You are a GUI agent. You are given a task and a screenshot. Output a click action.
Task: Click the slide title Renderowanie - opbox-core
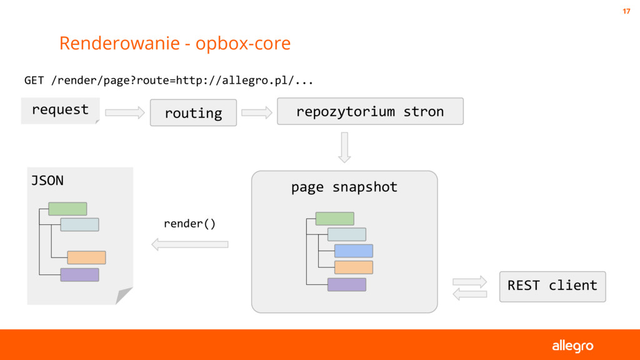174,44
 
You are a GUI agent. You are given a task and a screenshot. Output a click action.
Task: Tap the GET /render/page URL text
168,81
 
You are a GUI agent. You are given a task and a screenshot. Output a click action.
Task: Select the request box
60,110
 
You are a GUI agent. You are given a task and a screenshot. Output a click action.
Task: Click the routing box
193,112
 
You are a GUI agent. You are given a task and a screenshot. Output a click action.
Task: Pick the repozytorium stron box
370,111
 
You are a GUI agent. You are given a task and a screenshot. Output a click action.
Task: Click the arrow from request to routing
124,112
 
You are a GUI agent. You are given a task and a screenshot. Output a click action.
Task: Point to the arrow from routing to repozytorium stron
256,112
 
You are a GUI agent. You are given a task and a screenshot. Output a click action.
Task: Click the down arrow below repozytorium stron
344,147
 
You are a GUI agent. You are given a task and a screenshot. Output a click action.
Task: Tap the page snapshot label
344,187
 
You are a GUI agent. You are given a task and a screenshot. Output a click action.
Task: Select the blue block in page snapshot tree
353,251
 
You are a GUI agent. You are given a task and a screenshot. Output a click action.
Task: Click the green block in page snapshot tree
334,219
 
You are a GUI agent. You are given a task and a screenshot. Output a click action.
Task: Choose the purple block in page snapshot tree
346,284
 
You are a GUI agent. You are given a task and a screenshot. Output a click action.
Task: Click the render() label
189,223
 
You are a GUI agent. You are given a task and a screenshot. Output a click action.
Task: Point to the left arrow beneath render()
190,244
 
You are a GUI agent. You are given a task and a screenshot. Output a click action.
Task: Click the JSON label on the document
47,181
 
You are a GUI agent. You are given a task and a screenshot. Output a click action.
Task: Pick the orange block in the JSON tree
86,257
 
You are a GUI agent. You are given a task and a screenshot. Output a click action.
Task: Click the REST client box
552,286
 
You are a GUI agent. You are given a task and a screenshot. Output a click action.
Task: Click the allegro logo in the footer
572,346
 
